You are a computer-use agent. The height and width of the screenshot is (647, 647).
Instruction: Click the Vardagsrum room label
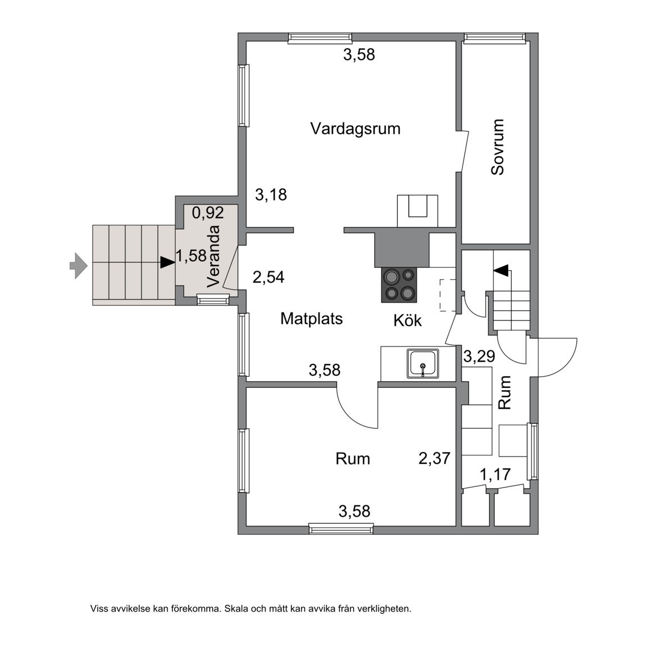click(356, 129)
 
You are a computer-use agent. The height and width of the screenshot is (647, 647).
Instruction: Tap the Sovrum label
click(498, 147)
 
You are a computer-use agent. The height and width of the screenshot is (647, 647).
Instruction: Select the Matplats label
click(312, 318)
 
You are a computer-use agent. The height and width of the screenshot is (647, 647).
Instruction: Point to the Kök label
click(408, 320)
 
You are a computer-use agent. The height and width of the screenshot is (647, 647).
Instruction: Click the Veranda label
click(214, 256)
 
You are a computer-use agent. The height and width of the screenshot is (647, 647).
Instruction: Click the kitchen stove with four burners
click(399, 285)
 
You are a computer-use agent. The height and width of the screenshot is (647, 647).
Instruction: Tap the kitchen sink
click(423, 363)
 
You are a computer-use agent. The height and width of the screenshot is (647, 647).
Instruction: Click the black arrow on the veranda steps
click(167, 262)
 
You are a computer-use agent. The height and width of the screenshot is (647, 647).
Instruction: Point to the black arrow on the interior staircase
click(502, 270)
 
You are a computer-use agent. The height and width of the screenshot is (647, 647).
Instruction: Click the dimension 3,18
click(271, 195)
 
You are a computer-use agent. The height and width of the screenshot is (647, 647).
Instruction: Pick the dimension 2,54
click(268, 277)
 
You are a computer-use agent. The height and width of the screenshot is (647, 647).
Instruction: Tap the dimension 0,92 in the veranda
click(208, 212)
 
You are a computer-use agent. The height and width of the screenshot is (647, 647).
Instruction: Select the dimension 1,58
click(191, 256)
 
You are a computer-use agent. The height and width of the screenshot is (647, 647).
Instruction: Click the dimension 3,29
click(479, 356)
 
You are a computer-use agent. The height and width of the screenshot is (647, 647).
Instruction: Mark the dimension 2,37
click(434, 458)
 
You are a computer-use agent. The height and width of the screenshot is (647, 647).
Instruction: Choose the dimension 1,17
click(495, 475)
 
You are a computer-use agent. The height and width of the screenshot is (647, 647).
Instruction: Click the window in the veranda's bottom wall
click(213, 299)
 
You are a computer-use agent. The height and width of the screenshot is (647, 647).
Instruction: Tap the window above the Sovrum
click(495, 38)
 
